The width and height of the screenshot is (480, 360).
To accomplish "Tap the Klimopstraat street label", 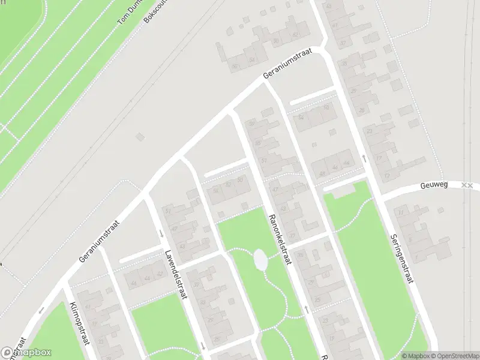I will (80, 324).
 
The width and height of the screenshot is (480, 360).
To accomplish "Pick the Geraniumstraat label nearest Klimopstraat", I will (100, 241).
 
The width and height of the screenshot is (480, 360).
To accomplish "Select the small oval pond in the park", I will (260, 260).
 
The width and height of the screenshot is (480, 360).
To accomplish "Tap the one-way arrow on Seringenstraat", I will (364, 158).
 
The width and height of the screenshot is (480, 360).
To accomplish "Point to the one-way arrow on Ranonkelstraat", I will (307, 309).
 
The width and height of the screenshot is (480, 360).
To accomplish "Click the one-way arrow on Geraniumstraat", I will (42, 310).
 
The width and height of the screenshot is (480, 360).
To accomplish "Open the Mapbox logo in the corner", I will (26, 352).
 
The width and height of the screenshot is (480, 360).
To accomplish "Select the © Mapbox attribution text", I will (416, 356).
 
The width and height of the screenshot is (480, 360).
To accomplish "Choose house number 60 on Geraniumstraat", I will (276, 41).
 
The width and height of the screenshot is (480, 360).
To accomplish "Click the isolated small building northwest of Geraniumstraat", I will (140, 137).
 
